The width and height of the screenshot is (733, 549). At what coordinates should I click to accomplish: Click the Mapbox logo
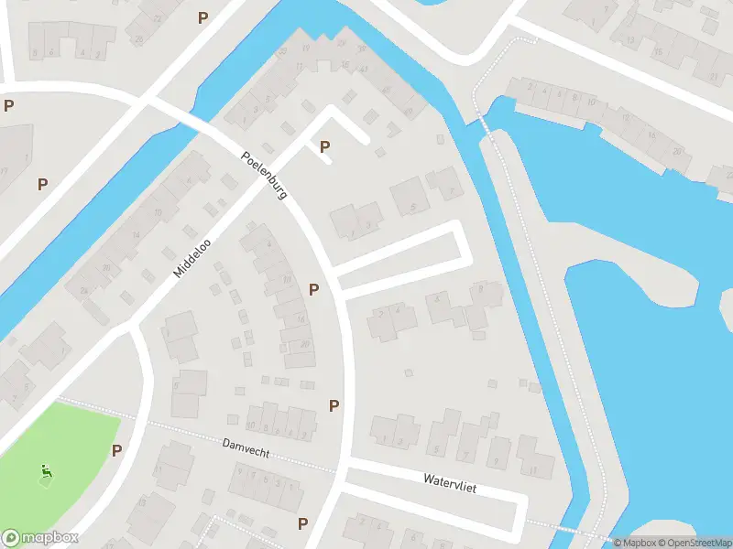tap(39, 538)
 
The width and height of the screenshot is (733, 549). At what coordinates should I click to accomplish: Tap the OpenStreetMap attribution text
tap(698, 543)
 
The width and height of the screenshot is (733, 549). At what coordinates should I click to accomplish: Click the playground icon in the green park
tap(46, 472)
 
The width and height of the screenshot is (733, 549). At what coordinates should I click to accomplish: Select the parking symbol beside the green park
tap(116, 450)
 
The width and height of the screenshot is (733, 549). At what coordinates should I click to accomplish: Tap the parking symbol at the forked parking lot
tap(324, 146)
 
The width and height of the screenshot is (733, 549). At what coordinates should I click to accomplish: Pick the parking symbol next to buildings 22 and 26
tap(314, 289)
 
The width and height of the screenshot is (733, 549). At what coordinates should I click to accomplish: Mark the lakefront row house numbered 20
tap(676, 151)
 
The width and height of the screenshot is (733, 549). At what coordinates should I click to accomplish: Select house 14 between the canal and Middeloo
tap(136, 236)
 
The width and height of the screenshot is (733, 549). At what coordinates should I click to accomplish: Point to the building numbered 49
tap(408, 111)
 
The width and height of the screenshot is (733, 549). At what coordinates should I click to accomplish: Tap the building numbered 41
tap(364, 69)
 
